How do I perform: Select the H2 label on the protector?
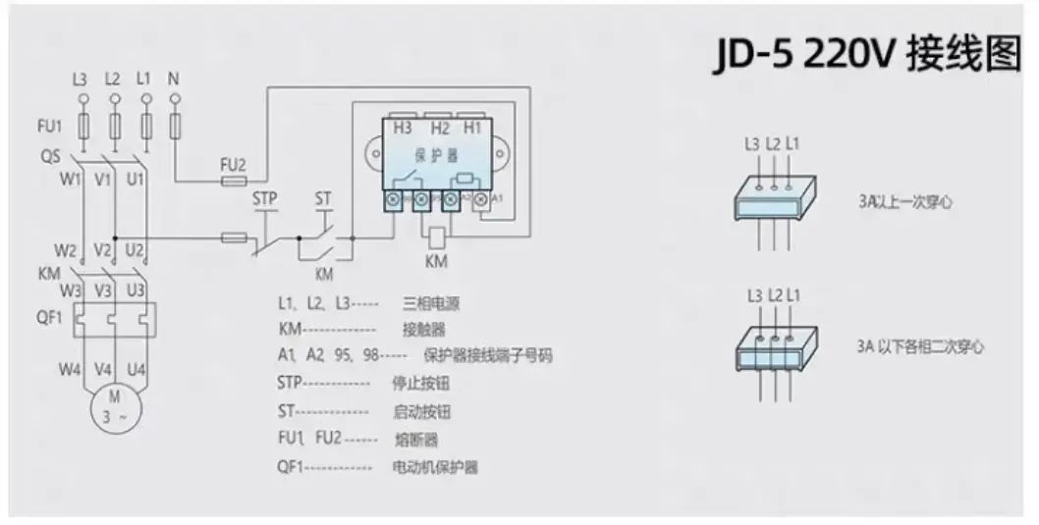439,129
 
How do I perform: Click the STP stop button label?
265,198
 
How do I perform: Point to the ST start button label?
323,198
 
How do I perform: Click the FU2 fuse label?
233,164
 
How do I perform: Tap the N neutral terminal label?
175,78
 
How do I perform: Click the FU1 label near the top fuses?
49,127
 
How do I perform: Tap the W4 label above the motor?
66,370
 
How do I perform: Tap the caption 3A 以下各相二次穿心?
919,346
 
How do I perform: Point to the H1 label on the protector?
472,129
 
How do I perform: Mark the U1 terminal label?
136,180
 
